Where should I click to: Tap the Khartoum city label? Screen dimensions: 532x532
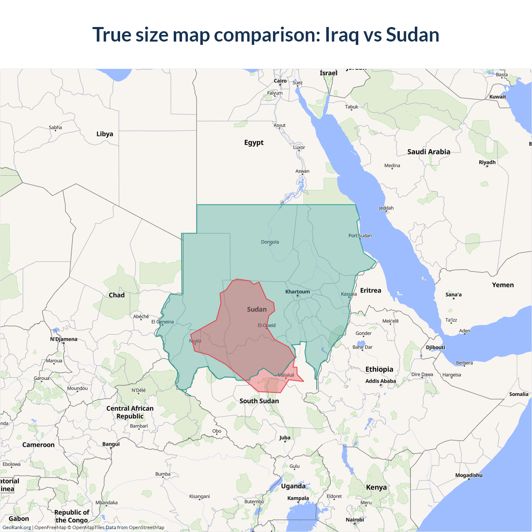[x=297, y=292]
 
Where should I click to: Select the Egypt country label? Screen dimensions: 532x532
[x=254, y=143]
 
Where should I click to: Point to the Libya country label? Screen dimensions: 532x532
[x=105, y=134]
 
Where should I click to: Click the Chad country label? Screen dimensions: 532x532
[x=116, y=295]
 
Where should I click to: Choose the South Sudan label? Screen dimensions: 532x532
[x=259, y=401]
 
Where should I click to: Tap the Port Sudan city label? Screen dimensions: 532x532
[x=360, y=236]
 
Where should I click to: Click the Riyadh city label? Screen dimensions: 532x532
[x=487, y=162]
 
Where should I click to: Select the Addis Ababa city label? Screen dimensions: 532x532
[x=380, y=381]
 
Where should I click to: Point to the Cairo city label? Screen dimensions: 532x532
[x=280, y=81]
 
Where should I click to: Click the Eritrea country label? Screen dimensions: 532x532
[x=370, y=291]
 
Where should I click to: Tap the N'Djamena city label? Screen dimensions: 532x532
[x=64, y=339]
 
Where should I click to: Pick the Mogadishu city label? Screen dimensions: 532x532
[x=469, y=475]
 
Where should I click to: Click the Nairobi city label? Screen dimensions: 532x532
[x=355, y=520]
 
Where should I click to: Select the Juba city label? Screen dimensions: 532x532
[x=285, y=438]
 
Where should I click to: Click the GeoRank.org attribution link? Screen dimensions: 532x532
[x=17, y=527]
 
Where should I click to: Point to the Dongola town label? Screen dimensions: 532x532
[x=270, y=242]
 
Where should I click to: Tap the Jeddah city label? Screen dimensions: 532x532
[x=386, y=208]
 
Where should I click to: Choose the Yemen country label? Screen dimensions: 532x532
[x=502, y=285]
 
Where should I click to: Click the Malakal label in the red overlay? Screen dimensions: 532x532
[x=286, y=375]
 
